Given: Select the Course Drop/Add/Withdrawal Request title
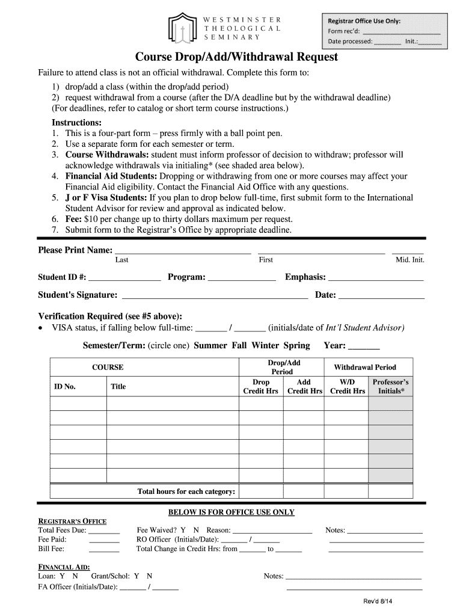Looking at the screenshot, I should (x=236, y=57).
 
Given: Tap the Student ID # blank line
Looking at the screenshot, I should (x=124, y=279).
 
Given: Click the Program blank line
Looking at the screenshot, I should (x=241, y=279).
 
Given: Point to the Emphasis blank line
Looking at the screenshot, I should (x=376, y=279).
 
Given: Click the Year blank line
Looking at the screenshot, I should (x=364, y=347).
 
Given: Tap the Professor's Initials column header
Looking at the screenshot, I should (x=390, y=386).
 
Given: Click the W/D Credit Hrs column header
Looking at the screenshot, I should (x=348, y=386).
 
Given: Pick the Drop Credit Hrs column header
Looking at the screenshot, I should (x=260, y=386).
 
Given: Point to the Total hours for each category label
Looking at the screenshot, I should (x=186, y=491).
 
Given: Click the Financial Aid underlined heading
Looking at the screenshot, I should (x=64, y=567).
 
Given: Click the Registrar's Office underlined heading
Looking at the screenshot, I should (x=72, y=521).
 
